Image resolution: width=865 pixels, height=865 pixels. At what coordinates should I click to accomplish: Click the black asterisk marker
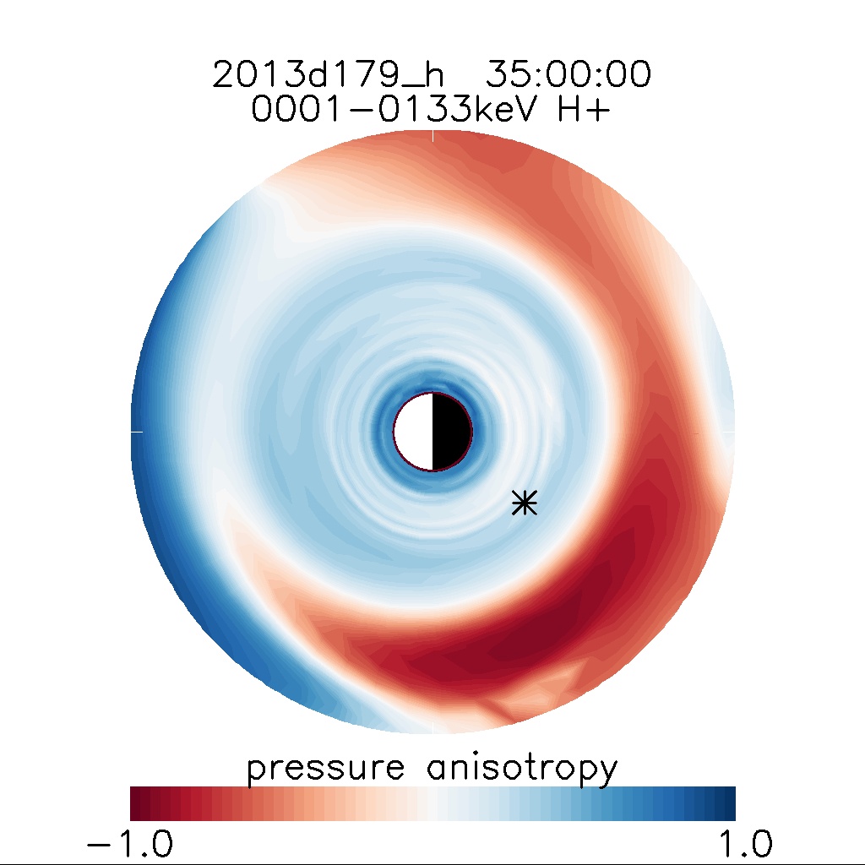click(525, 503)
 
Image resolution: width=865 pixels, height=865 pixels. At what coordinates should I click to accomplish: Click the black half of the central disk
click(451, 432)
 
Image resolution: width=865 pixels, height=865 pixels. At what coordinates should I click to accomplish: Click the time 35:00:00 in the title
click(568, 75)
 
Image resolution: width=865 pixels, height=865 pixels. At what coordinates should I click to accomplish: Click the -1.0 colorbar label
click(130, 843)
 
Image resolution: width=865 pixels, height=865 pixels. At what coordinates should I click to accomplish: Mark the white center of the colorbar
click(432, 803)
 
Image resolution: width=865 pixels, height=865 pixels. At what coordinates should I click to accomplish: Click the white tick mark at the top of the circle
click(432, 135)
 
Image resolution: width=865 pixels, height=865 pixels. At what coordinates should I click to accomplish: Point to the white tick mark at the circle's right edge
click(729, 432)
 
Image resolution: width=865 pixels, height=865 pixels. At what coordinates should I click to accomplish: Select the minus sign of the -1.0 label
click(100, 844)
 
